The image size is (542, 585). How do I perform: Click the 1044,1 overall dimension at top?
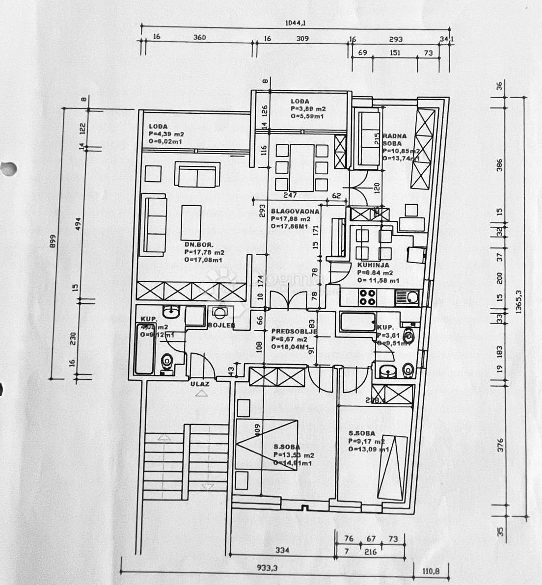pos(295,22)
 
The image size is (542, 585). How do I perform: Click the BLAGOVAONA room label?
pos(295,212)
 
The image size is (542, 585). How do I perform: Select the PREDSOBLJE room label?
pos(294,331)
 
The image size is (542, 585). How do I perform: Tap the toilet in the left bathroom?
pos(167,363)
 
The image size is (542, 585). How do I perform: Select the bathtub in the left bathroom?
pos(145,348)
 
